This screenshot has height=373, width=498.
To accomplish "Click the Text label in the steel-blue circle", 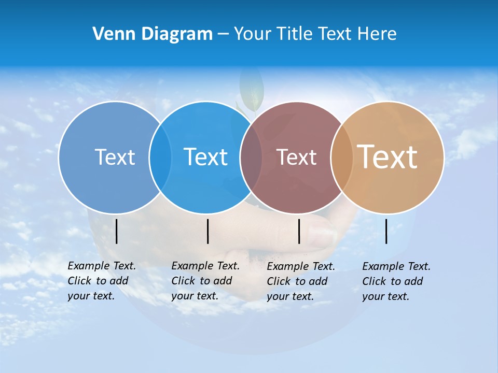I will [x=115, y=157].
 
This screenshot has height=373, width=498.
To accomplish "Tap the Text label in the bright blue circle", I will [x=205, y=157].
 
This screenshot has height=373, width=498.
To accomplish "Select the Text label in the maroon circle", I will [x=296, y=157].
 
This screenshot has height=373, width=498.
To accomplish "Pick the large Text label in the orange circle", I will [x=388, y=157].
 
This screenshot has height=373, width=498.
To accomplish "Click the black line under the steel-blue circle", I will [x=117, y=231].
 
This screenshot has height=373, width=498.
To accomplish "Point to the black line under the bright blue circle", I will [x=208, y=231].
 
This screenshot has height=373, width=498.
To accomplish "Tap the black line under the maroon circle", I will [x=299, y=231].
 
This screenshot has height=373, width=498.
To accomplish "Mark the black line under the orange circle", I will [x=386, y=231].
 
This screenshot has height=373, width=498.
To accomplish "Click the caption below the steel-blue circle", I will [x=101, y=281].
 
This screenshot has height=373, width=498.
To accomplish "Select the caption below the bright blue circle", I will [x=205, y=281].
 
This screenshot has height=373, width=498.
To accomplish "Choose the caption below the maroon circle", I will [x=300, y=281].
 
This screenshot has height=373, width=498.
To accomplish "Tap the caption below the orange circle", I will [x=396, y=281].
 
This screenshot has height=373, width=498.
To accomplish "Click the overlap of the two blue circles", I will [x=160, y=157].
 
